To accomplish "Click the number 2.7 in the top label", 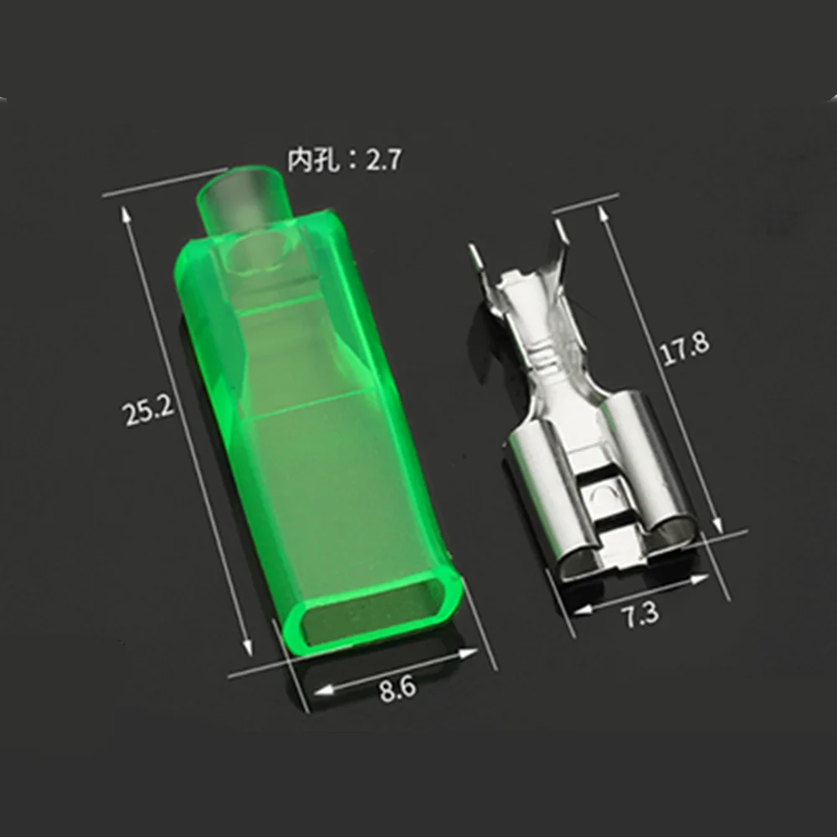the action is pos(383,160).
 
